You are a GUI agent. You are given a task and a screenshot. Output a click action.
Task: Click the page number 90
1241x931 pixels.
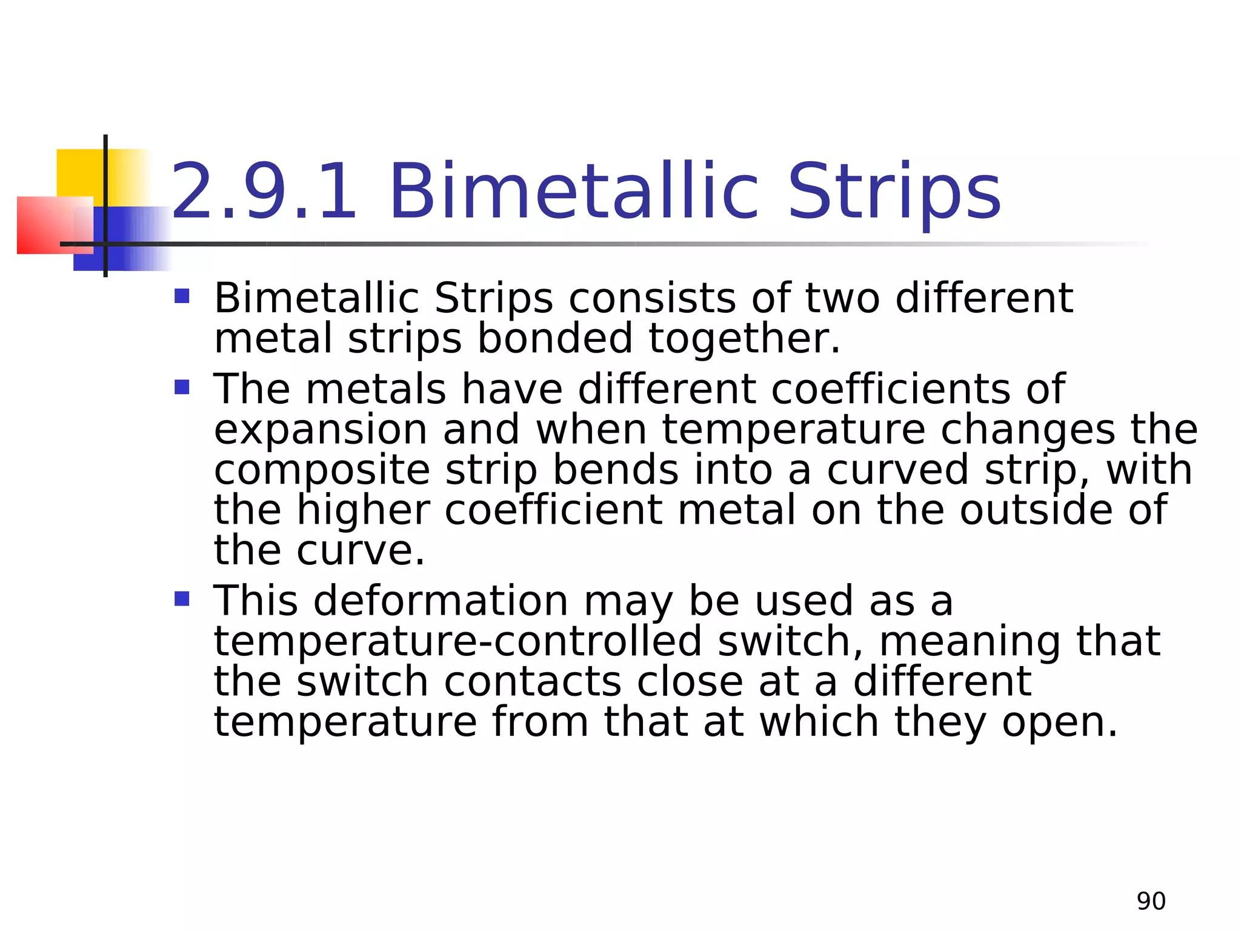point(1151,901)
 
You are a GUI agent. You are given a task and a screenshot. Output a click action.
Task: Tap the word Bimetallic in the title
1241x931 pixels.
point(573,192)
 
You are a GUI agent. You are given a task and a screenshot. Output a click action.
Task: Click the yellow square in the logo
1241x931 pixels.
point(79,173)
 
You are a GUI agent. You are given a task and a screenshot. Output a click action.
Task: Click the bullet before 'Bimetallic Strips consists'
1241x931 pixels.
point(182,296)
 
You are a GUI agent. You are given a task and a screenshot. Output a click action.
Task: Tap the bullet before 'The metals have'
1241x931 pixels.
point(182,387)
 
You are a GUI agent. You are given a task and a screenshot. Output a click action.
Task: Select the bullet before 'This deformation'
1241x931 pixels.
point(182,599)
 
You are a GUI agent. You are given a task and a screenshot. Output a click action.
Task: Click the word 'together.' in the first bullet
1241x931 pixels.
point(745,339)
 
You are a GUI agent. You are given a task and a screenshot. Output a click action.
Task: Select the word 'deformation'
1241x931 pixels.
point(441,601)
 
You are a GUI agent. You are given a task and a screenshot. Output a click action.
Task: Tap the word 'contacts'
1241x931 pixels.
point(533,682)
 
